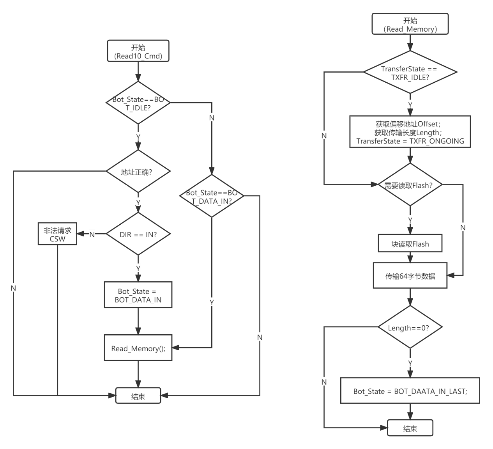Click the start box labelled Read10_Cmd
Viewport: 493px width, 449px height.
click(x=138, y=51)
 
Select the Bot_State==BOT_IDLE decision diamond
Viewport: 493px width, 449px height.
click(x=138, y=103)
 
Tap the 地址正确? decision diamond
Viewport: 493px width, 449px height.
click(x=138, y=172)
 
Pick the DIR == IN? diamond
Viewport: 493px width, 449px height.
click(x=138, y=234)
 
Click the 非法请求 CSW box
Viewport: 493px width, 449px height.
click(x=58, y=234)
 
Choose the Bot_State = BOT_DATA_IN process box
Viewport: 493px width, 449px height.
click(x=138, y=295)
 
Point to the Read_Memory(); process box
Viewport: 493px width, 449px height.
click(x=138, y=348)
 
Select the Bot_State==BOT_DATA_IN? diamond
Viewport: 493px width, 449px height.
click(x=212, y=197)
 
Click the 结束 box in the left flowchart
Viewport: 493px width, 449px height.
click(x=138, y=396)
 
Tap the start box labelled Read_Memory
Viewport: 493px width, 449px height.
click(x=410, y=25)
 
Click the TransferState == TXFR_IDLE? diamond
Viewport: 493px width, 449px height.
click(x=410, y=73)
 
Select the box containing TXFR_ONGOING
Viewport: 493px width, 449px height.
click(x=410, y=132)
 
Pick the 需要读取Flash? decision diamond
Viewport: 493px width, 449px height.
click(x=410, y=185)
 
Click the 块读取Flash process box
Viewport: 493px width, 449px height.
click(x=410, y=244)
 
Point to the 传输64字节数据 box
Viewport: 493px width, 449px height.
click(x=410, y=275)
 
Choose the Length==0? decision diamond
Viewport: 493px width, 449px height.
click(x=410, y=327)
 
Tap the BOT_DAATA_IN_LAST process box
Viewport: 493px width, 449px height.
click(x=410, y=390)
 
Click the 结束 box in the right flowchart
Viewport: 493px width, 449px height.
click(x=410, y=428)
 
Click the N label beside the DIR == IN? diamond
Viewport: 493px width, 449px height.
click(x=92, y=234)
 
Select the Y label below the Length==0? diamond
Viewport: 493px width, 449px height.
click(x=410, y=363)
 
